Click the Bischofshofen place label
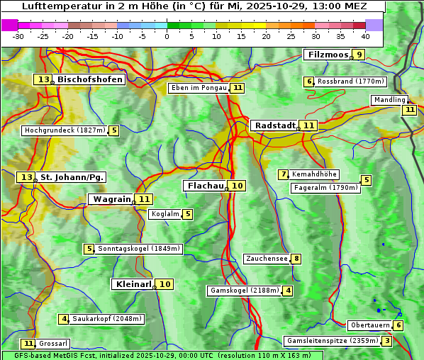[x=90, y=79]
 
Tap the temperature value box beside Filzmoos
[x=359, y=55]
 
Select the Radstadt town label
[x=275, y=125]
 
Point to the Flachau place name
[x=206, y=186]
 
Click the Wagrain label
[x=112, y=199]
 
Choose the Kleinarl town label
[x=133, y=284]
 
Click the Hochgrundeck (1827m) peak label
[x=65, y=130]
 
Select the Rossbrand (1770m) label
[x=350, y=81]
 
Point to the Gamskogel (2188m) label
[x=245, y=291]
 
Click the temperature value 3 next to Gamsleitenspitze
[x=386, y=341]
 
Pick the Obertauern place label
[x=370, y=325]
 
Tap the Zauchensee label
[x=267, y=259]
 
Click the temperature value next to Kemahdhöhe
[x=284, y=174]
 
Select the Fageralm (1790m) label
[x=325, y=188]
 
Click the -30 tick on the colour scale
[x=18, y=36]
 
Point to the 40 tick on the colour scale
[x=365, y=36]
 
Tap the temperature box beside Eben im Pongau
[x=238, y=88]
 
